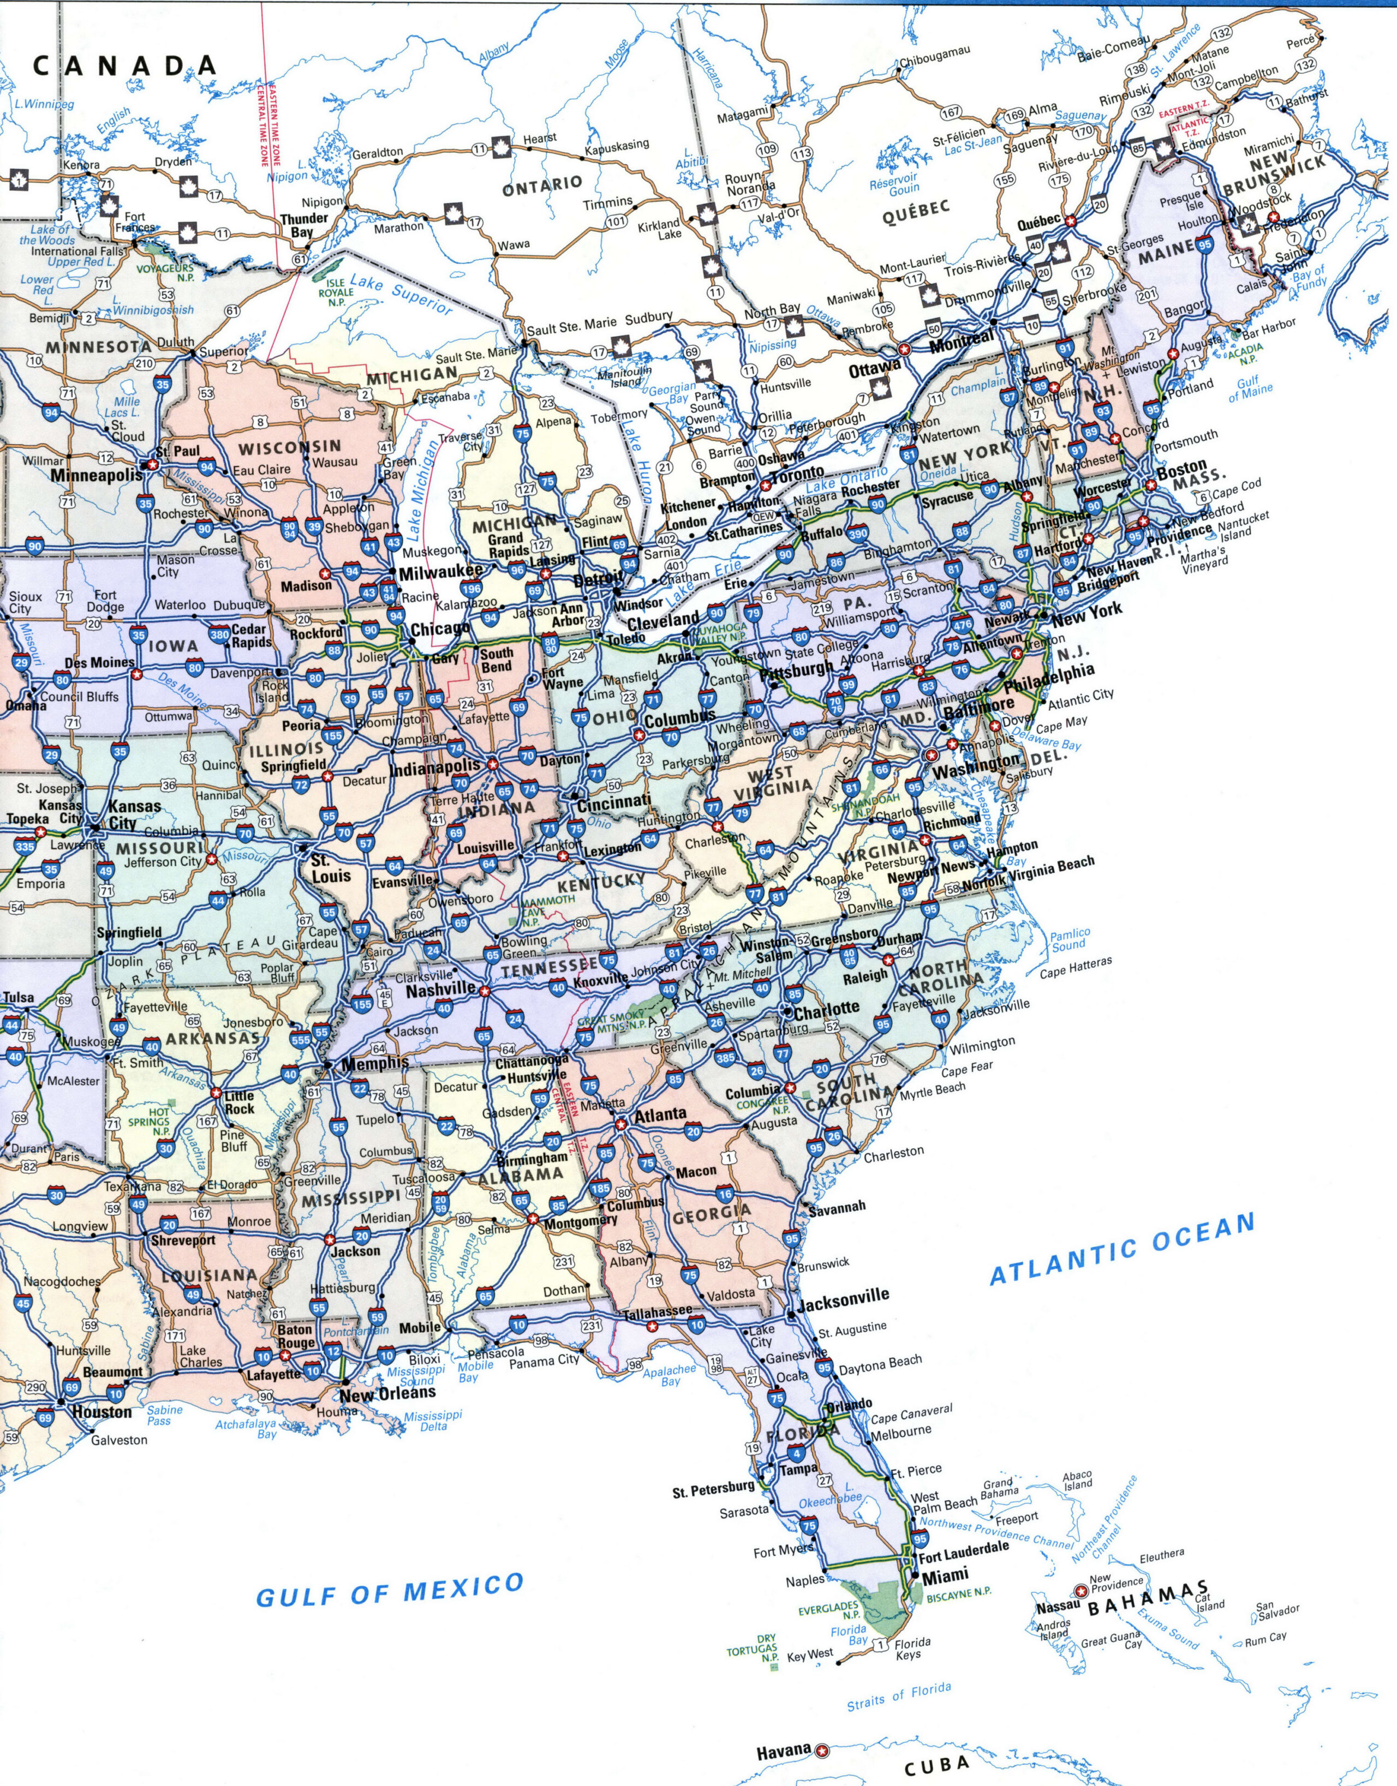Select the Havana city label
783,1751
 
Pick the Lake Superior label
401,295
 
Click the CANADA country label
124,66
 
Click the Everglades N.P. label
829,1611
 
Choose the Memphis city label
374,1063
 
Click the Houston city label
102,1412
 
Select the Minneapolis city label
97,475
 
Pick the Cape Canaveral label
911,1413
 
